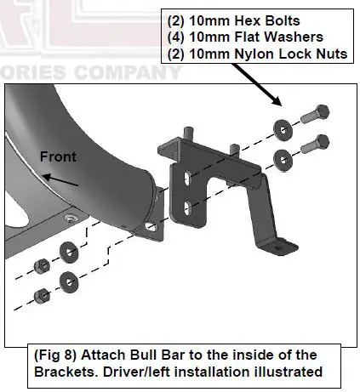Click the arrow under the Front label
[x=62, y=179]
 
